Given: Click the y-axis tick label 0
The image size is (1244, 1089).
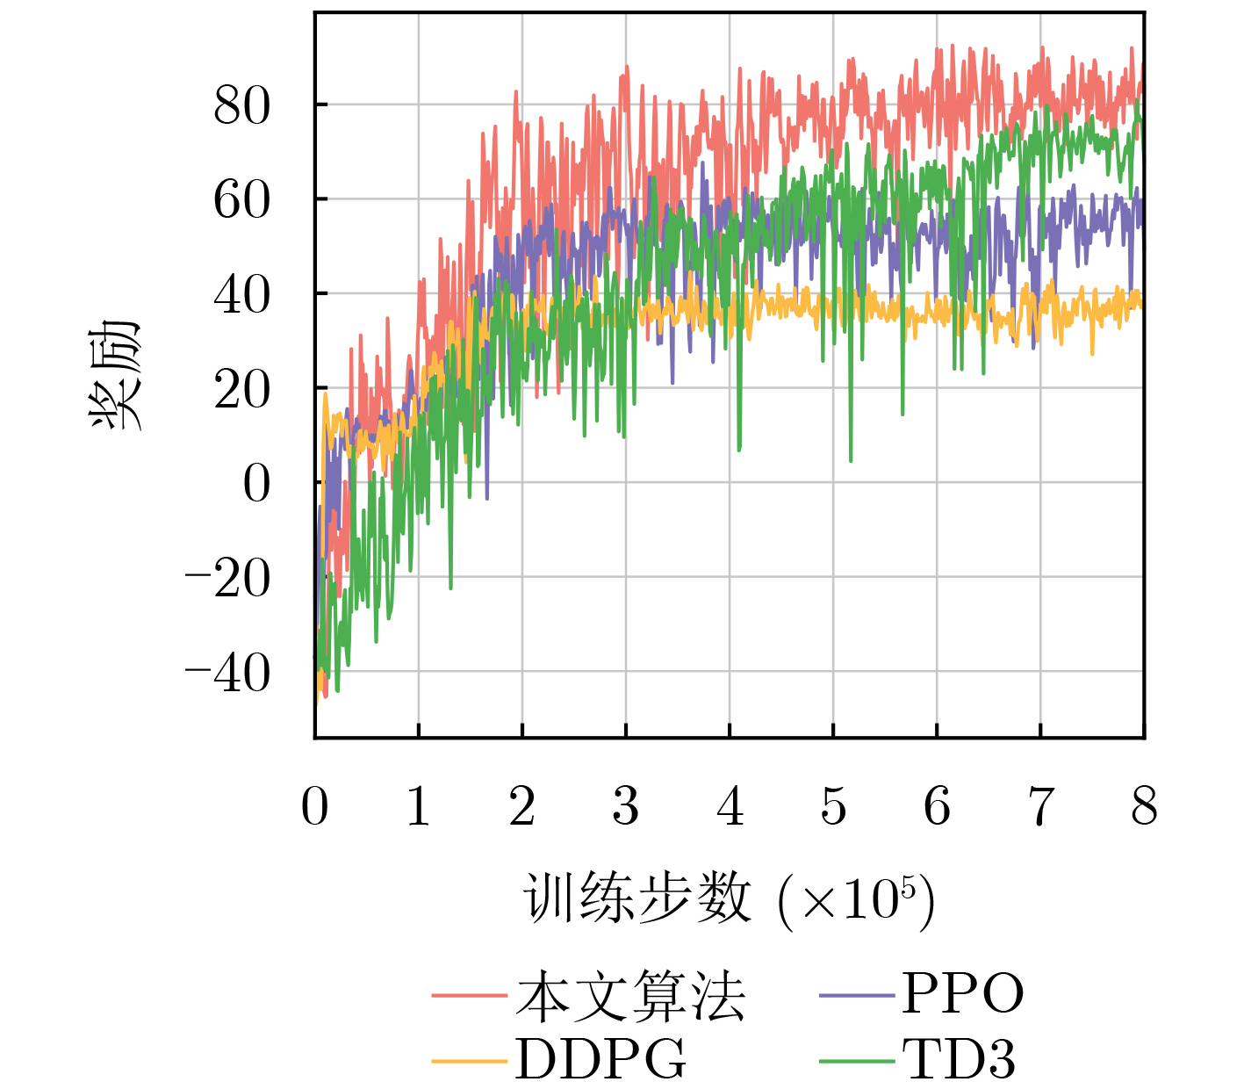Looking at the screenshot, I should (x=256, y=484).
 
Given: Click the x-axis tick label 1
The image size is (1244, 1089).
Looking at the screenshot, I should (x=419, y=806).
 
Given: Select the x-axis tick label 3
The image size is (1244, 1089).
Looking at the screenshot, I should (x=626, y=806).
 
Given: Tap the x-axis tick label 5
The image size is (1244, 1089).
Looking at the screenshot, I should (x=833, y=806).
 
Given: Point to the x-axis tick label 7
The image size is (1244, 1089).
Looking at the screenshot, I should (x=1040, y=806).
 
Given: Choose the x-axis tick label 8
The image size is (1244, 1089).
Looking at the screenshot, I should (x=1144, y=806).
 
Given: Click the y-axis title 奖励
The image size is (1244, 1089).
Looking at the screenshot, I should (x=116, y=376).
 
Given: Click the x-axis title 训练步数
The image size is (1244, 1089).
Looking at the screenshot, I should (x=638, y=899).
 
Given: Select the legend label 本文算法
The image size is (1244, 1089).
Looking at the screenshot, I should (x=630, y=997).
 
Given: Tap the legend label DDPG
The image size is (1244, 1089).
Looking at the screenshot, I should (x=600, y=1060).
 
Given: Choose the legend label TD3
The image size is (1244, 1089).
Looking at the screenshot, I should (x=959, y=1060).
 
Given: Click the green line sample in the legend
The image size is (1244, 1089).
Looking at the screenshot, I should (x=857, y=1061).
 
